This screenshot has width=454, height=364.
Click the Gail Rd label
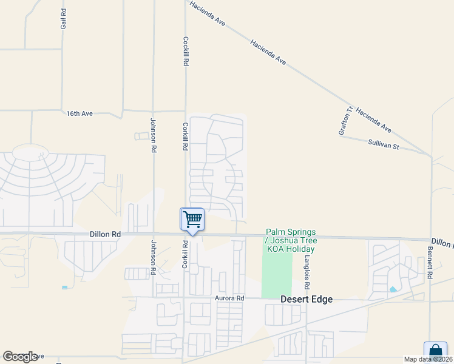tap(63, 19)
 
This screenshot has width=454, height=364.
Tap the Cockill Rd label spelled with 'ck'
tap(186, 51)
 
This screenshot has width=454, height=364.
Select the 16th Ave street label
tap(80, 113)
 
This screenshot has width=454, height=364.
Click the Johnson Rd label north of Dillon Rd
tap(154, 135)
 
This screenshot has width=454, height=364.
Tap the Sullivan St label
tap(383, 145)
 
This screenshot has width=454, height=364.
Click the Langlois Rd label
tap(308, 271)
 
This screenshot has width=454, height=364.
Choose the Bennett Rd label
tap(429, 261)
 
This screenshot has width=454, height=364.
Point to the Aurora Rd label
tap(229, 298)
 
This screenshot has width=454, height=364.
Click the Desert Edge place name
tap(307, 299)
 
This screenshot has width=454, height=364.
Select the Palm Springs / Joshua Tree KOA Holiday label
tap(290, 241)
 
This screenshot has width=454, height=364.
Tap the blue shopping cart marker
tap(192, 219)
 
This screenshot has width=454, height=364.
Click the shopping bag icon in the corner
tap(435, 351)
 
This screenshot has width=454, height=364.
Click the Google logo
tap(20, 357)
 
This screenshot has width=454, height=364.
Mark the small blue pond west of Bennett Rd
tap(393, 289)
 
